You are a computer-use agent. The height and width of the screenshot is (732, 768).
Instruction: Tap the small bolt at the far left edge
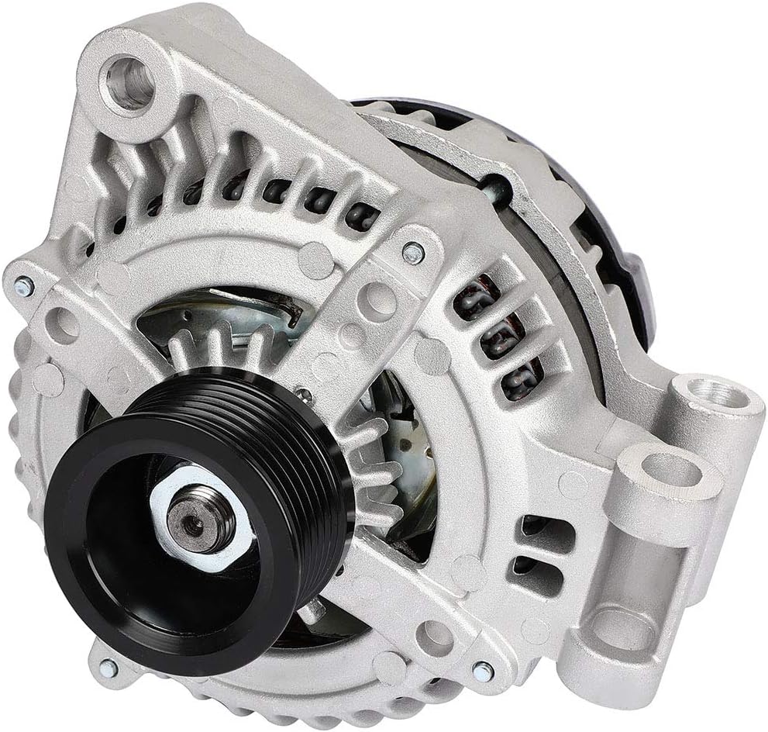(x=24, y=287)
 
